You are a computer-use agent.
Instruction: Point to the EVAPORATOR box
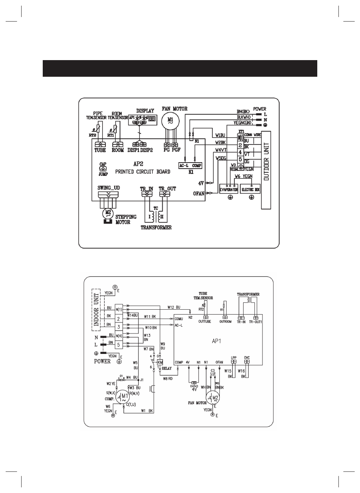(229, 190)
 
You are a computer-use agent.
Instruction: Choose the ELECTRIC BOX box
(250, 190)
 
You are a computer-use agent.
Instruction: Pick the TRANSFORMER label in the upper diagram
(156, 228)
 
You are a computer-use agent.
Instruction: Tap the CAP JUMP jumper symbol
(103, 169)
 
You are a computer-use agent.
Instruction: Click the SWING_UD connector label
(108, 188)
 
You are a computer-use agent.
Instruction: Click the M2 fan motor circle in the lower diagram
(214, 397)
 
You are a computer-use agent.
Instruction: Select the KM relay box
(160, 362)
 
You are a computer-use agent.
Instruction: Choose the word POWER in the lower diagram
(102, 361)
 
